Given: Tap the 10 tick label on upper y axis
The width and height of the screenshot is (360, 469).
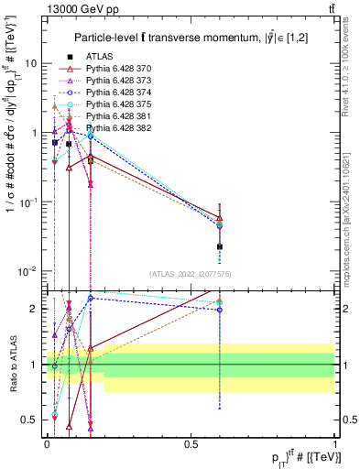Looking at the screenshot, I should [x=30, y=63].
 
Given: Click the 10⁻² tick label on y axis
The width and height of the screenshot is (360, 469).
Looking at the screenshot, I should [x=28, y=270].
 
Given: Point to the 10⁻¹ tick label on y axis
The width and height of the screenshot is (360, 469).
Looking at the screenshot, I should [x=28, y=202].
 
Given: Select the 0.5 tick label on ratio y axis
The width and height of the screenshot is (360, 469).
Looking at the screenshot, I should [x=31, y=420].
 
